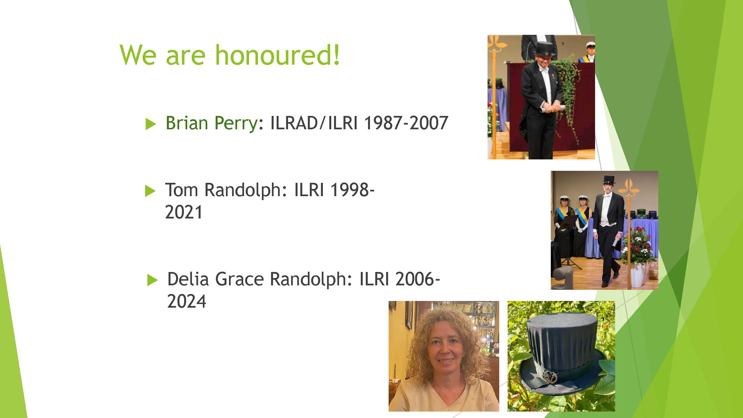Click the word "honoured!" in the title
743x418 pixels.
click(x=277, y=55)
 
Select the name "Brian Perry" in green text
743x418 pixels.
click(x=212, y=123)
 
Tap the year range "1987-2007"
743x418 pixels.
click(x=406, y=123)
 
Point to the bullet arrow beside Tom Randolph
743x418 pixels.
click(x=150, y=191)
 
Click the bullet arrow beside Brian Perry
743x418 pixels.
click(x=150, y=124)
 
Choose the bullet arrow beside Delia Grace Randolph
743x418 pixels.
click(x=152, y=280)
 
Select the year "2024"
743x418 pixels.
click(x=187, y=302)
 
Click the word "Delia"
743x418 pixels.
click(x=188, y=279)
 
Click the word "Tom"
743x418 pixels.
click(x=181, y=190)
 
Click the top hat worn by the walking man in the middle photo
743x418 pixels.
click(x=608, y=180)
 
